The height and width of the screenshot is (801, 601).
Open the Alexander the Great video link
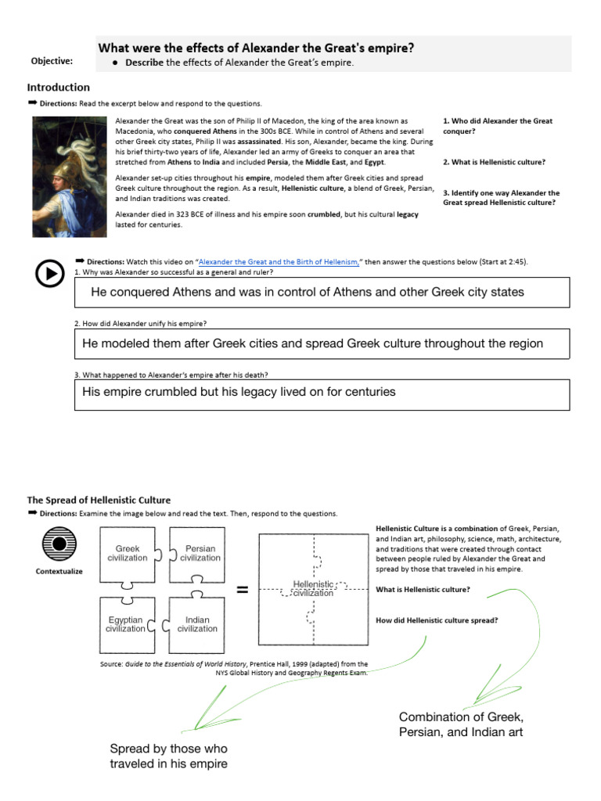point(279,262)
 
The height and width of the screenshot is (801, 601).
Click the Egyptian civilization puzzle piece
point(126,624)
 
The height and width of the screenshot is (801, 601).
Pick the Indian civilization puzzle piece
point(197,624)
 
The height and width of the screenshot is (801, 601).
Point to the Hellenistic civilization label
point(313,588)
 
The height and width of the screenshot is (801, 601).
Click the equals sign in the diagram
point(242,590)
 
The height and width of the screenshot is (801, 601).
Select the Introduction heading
point(59,88)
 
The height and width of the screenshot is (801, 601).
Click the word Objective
point(52,61)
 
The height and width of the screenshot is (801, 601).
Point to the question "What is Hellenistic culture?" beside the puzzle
point(423,589)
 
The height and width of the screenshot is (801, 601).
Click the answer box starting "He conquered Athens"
point(322,292)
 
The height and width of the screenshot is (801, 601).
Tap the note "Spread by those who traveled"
point(169,756)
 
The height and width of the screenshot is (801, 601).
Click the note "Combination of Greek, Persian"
point(461,724)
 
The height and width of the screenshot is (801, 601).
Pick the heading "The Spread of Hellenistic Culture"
point(99,500)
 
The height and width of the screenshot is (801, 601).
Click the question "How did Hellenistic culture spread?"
point(437,620)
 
